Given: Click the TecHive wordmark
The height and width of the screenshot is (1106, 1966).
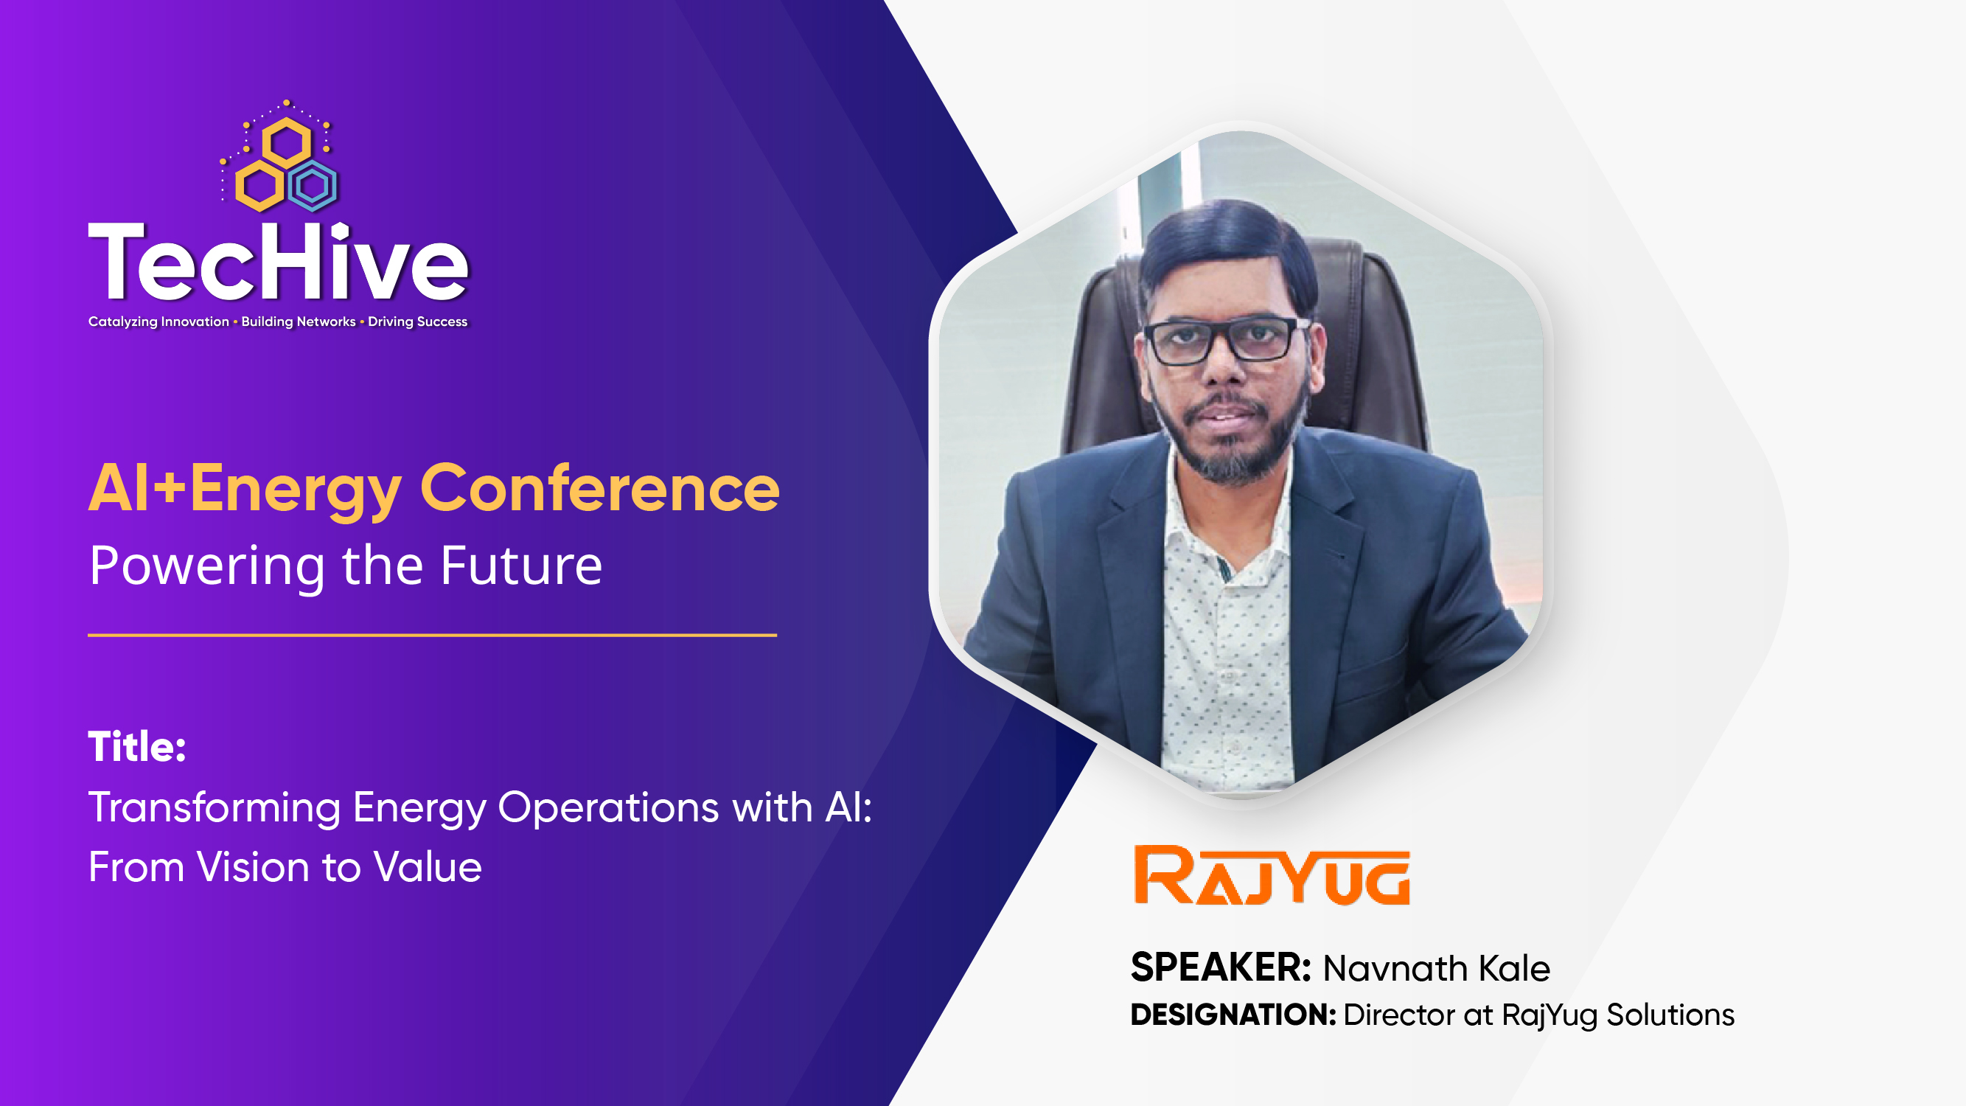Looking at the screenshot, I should click(x=278, y=262).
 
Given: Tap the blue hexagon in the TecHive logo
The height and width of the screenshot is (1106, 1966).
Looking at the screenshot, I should click(x=312, y=186).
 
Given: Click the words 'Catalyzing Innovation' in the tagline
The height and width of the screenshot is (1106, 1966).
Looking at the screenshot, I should click(x=158, y=321).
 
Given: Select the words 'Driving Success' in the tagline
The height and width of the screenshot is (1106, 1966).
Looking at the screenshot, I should click(x=417, y=321).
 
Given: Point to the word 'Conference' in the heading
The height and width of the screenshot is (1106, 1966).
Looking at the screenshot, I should click(x=600, y=489).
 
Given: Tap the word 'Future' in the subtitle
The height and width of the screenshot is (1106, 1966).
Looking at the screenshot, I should click(x=521, y=566).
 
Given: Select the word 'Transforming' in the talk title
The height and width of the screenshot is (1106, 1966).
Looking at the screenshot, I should click(x=215, y=807).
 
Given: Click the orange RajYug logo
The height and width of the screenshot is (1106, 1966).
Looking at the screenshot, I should click(x=1272, y=875).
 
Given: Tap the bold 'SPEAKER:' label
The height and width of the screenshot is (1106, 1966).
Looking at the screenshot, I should click(x=1220, y=968).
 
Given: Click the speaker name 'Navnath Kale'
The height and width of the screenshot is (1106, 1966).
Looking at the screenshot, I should click(x=1436, y=968).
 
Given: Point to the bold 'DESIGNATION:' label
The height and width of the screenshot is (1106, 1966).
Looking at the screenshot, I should click(x=1233, y=1015).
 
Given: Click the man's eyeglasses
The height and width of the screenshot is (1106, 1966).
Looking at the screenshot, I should click(x=1224, y=341).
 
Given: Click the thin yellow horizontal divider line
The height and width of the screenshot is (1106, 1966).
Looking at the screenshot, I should click(x=432, y=635).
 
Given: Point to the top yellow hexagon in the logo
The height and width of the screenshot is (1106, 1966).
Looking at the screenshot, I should click(x=286, y=142).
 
